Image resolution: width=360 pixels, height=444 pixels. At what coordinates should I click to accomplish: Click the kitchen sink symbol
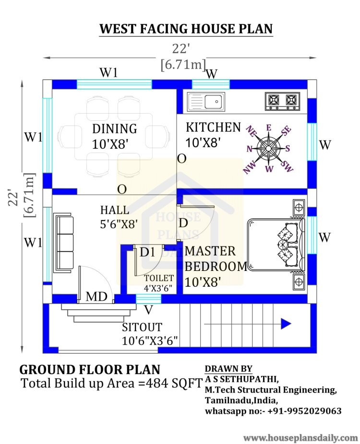coord(206,101)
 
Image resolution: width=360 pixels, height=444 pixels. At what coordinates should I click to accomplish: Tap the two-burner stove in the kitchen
coord(282,101)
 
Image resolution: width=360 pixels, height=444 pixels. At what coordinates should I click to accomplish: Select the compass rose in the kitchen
coord(268,148)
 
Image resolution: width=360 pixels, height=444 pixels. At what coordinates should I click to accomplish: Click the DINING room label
coord(115,129)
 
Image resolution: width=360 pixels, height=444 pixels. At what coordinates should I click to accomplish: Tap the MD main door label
coord(96,297)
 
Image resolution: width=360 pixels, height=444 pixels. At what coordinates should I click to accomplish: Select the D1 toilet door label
coord(147,252)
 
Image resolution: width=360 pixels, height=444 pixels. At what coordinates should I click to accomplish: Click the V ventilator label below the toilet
coord(148,310)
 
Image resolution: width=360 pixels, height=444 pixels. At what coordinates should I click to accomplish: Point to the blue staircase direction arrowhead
coord(286,324)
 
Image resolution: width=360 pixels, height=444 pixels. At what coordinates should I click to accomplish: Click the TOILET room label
coord(159,279)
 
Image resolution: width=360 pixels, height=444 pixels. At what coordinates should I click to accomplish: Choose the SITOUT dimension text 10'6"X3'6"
coord(150,340)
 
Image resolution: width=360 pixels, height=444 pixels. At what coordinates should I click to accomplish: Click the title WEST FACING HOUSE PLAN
coord(186,29)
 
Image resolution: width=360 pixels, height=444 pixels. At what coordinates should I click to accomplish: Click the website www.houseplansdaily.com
coord(300,438)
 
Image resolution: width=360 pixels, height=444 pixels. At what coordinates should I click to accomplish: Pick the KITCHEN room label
coord(213,128)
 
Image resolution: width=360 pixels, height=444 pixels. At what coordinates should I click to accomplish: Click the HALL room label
coord(115,210)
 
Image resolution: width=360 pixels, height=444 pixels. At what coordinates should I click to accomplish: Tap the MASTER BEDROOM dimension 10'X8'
coord(203,282)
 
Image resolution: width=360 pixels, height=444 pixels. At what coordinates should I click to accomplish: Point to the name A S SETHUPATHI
coord(242,379)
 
